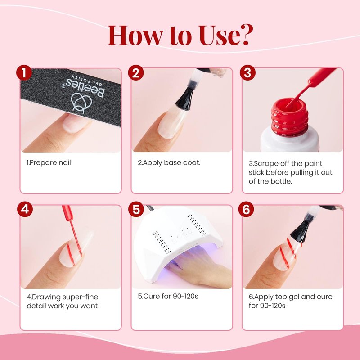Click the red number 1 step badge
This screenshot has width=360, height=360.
click(x=24, y=73)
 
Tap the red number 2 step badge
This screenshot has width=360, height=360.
click(x=136, y=73)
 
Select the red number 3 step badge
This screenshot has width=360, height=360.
click(x=248, y=73)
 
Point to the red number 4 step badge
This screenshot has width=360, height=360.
click(x=25, y=209)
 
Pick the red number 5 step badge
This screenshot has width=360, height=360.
click(x=136, y=209)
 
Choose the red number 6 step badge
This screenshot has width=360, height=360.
click(x=246, y=209)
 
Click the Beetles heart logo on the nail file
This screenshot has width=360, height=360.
click(x=81, y=103)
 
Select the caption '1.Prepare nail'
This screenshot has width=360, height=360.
click(x=49, y=162)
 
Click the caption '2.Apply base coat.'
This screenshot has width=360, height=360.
click(x=169, y=162)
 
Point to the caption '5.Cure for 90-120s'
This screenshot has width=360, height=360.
click(x=168, y=296)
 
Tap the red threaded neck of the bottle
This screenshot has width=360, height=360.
click(x=289, y=117)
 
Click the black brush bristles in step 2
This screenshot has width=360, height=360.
click(x=185, y=98)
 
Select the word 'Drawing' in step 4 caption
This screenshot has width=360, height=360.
click(x=46, y=297)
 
